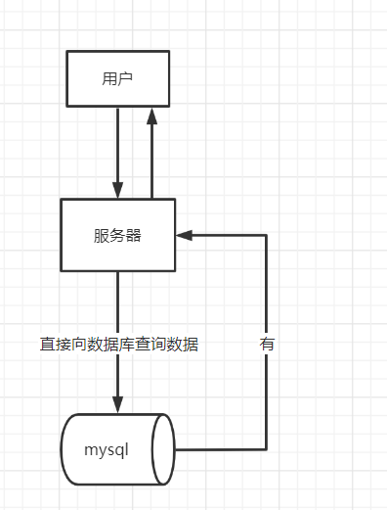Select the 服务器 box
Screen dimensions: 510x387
(117, 235)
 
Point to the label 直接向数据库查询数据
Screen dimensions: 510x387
(119, 345)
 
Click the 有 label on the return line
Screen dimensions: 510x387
(267, 345)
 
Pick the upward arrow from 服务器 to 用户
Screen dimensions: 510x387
(151, 157)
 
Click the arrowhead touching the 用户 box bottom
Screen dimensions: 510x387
(151, 116)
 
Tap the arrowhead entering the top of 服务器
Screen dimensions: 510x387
(118, 190)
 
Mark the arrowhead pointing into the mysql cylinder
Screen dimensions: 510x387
(118, 404)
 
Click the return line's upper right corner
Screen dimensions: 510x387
(267, 235)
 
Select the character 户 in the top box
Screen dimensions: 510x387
(125, 78)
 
